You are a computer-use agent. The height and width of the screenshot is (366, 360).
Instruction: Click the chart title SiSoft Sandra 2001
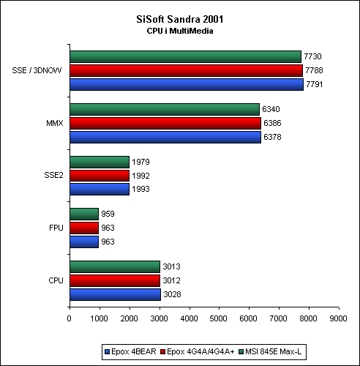pos(180,19)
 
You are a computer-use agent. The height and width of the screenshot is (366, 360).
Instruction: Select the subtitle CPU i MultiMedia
pos(180,31)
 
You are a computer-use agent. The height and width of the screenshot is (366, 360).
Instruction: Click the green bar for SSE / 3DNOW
pos(186,56)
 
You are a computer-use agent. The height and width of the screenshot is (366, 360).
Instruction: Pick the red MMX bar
pos(165,123)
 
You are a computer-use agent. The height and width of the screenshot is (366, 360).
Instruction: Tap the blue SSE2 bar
pos(100,189)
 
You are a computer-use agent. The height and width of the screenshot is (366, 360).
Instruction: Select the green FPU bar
pos(84,214)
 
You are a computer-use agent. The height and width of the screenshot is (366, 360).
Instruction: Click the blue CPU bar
pos(116,294)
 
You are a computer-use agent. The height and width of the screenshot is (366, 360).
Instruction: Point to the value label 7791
pos(315,84)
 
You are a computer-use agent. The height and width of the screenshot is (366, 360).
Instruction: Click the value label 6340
pos(271,109)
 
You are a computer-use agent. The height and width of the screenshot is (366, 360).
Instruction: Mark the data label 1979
pos(140,162)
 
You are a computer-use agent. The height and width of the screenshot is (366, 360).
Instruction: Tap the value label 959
pos(108,214)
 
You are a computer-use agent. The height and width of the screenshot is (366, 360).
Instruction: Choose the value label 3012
pos(171,280)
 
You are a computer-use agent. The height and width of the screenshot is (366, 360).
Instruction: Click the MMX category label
pos(55,123)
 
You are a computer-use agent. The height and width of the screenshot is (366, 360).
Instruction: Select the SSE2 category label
pos(53,175)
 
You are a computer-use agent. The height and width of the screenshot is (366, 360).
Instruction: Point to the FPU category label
pos(56,228)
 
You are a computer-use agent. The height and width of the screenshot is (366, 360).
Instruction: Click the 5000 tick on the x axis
pos(218,318)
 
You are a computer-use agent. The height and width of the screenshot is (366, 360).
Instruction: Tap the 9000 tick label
pos(338,318)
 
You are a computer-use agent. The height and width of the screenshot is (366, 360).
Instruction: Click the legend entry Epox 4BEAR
pos(130,351)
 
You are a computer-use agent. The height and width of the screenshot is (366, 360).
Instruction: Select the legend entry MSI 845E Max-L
pos(270,351)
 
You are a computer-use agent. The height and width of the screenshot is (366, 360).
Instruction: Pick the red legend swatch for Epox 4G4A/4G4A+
pos(163,352)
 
